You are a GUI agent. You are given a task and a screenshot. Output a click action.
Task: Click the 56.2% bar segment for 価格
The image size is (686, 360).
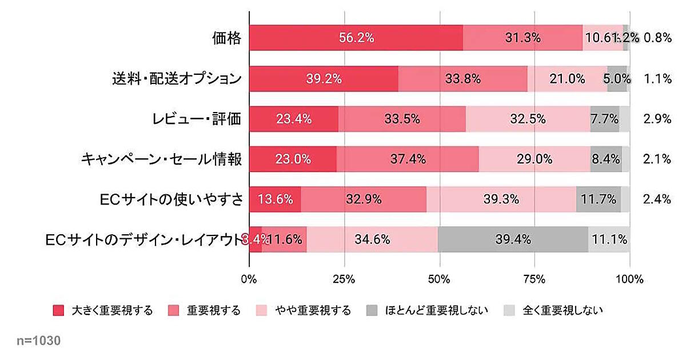click(x=356, y=38)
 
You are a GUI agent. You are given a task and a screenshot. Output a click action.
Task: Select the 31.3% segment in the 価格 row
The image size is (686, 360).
click(x=523, y=38)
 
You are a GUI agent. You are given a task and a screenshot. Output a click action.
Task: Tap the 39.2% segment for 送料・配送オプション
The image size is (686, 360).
click(x=324, y=79)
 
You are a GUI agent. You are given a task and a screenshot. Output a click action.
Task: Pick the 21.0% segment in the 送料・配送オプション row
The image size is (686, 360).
click(x=567, y=79)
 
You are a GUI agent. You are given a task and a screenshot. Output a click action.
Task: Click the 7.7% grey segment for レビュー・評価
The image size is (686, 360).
click(x=604, y=119)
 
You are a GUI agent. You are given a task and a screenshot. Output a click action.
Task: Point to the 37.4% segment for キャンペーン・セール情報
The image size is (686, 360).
click(x=408, y=159)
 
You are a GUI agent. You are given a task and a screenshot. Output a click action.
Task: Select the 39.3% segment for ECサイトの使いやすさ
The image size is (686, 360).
click(x=501, y=199)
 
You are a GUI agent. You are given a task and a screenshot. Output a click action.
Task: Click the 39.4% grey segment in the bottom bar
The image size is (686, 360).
click(x=513, y=239)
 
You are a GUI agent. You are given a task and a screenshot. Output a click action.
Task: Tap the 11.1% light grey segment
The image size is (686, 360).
click(x=609, y=239)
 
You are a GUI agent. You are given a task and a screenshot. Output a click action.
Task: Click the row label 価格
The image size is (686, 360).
click(x=226, y=38)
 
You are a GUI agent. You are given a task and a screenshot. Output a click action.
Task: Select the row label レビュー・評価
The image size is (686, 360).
click(x=196, y=119)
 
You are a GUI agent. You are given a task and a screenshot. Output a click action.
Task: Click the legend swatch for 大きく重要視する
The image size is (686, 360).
click(x=58, y=311)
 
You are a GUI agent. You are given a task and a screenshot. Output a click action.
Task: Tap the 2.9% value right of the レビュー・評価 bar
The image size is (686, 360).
click(x=657, y=119)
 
